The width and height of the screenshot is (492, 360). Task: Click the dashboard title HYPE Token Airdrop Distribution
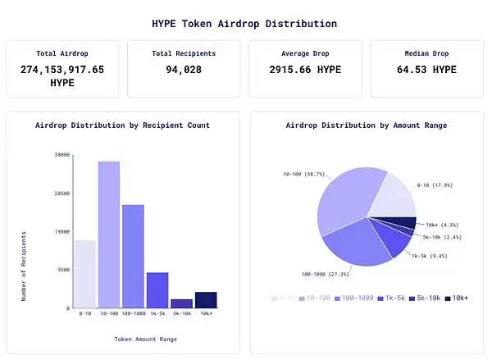point(244,24)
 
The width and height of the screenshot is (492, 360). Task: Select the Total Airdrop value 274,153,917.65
point(62,70)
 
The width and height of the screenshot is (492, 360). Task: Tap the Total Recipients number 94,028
point(184,70)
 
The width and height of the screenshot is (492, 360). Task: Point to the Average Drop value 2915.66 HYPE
point(306,70)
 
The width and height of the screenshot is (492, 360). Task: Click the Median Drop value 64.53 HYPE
point(426,70)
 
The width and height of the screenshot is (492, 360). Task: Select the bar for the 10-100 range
point(109,235)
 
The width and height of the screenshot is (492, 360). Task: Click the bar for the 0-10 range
point(85,274)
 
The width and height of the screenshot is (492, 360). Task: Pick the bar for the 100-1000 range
point(133,256)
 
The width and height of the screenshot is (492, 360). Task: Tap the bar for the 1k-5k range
point(157,289)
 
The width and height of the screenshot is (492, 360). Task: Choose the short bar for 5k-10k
point(181,303)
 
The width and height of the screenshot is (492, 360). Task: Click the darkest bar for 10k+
point(205,299)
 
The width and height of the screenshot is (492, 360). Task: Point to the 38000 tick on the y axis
point(61,154)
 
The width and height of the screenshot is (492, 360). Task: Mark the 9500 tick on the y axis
point(63,269)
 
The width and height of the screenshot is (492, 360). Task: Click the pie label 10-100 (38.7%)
point(304,175)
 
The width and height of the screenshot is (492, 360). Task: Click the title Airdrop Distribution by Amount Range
point(366,125)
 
